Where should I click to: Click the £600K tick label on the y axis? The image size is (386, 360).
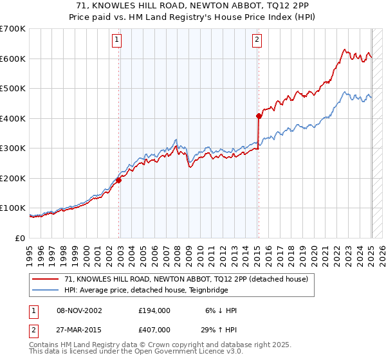click(12, 59)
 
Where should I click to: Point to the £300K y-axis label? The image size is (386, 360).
click(12, 148)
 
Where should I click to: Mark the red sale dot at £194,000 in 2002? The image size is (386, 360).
click(119, 180)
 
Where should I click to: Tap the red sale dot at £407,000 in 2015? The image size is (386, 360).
click(259, 116)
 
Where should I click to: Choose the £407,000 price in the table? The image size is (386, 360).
click(154, 329)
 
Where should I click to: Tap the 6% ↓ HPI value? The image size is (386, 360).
click(219, 310)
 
